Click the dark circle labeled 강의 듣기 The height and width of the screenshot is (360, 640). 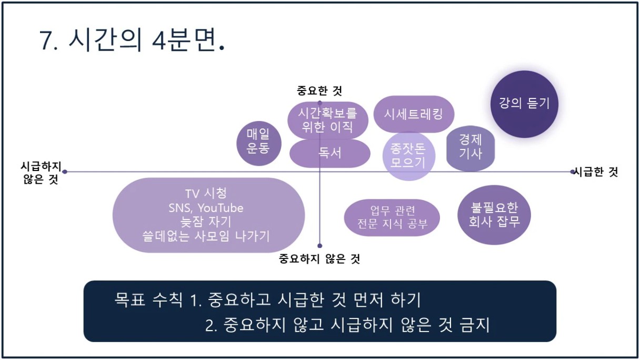point(524,104)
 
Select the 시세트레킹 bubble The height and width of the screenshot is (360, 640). point(414,114)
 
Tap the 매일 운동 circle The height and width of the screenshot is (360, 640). point(259,144)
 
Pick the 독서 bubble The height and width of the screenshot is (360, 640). point(330,154)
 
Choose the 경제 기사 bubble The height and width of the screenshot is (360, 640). point(471,148)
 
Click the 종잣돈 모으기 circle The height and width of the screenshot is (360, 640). point(409,156)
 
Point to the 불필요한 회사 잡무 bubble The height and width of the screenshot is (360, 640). point(494,215)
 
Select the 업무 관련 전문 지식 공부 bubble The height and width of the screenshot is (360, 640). point(392,218)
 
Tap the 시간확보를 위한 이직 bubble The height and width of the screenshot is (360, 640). point(328,121)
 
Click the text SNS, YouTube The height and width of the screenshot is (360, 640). point(206,208)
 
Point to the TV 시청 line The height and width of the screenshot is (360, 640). point(206,194)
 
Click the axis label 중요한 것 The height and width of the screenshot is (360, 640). point(319,91)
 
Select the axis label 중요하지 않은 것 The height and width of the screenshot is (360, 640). point(319,259)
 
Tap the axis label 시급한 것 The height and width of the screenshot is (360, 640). point(596,172)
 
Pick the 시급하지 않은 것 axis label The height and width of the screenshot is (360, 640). point(41,173)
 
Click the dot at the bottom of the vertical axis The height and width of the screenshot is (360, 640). point(319,246)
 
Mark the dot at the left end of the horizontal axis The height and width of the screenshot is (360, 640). point(65,172)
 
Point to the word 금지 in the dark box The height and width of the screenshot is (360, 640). point(475,325)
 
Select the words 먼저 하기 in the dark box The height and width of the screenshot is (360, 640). point(387,300)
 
